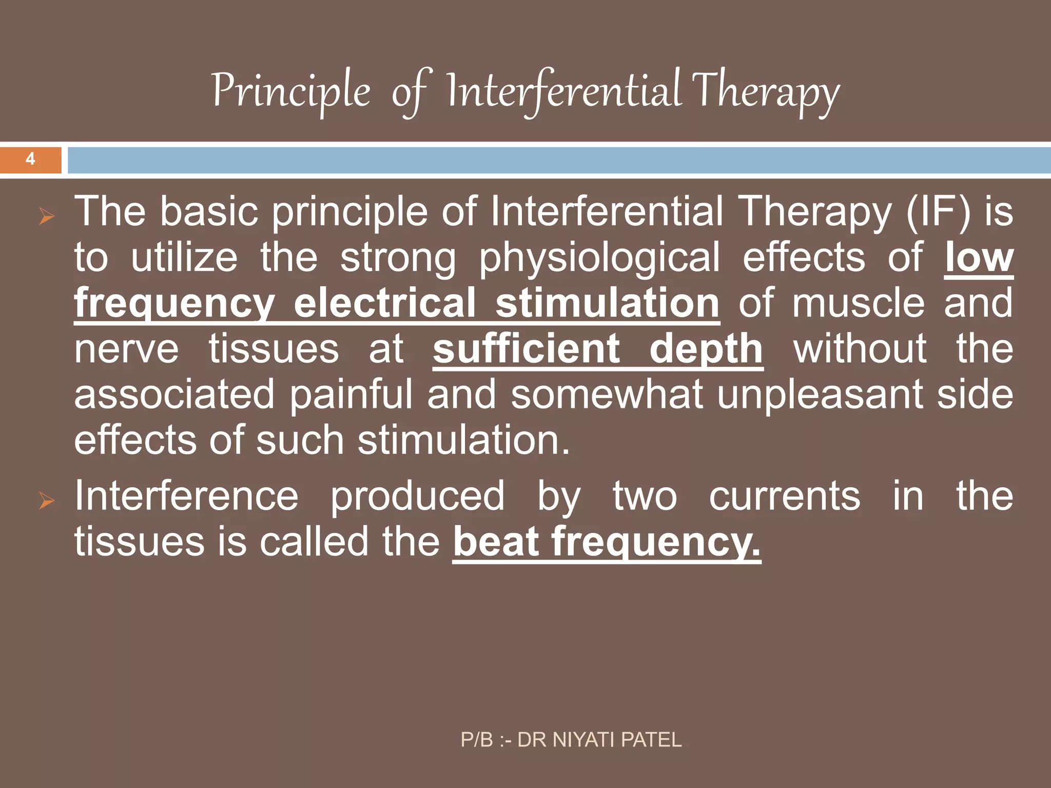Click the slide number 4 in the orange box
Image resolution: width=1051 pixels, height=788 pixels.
(30, 159)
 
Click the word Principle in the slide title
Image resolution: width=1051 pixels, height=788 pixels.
(290, 91)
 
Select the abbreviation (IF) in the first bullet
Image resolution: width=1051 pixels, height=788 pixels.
(938, 211)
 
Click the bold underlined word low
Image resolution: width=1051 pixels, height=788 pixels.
(979, 258)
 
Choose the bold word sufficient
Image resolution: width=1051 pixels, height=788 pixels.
(527, 349)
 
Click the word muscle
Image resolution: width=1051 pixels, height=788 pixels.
(858, 303)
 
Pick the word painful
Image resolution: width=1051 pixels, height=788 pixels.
(351, 395)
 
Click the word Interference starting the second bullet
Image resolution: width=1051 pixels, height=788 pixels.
(186, 496)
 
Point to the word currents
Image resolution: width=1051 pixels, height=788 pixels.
(785, 496)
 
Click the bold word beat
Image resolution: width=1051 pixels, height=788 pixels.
(497, 542)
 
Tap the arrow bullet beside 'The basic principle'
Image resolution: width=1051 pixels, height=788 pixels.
(46, 217)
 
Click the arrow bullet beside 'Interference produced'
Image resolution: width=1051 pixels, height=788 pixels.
(46, 501)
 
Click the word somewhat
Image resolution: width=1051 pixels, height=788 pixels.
(607, 395)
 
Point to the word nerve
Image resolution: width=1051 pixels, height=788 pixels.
(126, 349)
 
